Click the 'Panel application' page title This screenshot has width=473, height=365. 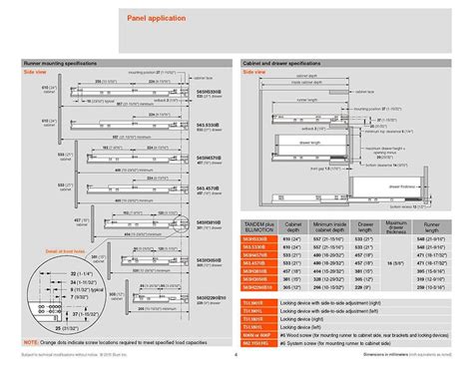pos(154,19)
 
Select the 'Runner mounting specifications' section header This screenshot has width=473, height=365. pos(65,62)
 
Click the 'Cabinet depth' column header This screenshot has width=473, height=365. pos(294,226)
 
